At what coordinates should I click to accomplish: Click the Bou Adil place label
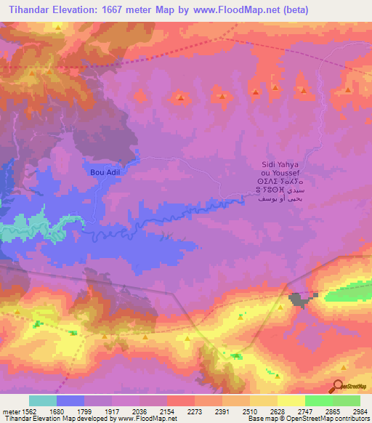[103, 172]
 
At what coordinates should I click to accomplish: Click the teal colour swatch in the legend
[43, 400]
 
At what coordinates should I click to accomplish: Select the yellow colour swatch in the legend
[291, 400]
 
